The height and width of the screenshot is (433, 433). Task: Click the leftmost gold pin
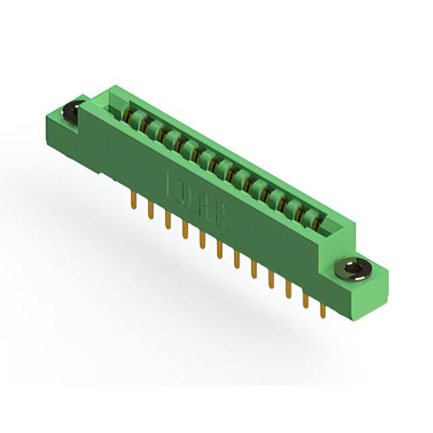pyautogui.click(x=134, y=201)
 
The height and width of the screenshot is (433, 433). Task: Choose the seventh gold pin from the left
pyautogui.click(x=236, y=259)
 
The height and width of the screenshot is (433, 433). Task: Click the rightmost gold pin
pyautogui.click(x=323, y=309)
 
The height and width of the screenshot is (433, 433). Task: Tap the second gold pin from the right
pyautogui.click(x=305, y=300)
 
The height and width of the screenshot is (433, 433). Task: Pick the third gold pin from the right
pyautogui.click(x=288, y=290)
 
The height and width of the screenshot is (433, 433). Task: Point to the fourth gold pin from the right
pyautogui.click(x=271, y=279)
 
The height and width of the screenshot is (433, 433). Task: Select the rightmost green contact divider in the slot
pyautogui.click(x=311, y=217)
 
